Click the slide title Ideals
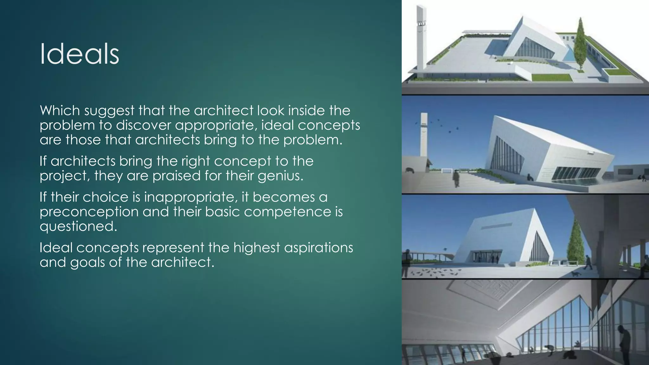(79, 54)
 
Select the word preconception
(89, 212)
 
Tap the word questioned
(78, 226)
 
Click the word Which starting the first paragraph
(60, 111)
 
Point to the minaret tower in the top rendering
(421, 38)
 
